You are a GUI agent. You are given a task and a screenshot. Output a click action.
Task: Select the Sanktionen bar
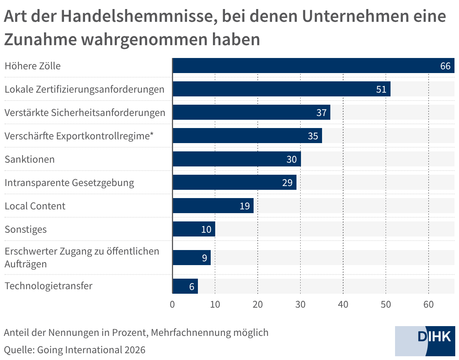(236, 159)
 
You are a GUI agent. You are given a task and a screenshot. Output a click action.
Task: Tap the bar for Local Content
(213, 206)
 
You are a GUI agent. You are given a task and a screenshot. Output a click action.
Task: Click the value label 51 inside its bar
(381, 89)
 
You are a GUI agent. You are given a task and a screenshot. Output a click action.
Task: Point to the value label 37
(321, 113)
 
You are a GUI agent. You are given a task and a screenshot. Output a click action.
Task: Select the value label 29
(287, 183)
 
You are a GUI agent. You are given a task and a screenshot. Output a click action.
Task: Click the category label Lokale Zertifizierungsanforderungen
(84, 89)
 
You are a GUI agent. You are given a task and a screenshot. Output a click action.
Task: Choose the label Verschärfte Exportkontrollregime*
(79, 136)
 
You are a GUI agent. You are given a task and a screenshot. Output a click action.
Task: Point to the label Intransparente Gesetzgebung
(69, 183)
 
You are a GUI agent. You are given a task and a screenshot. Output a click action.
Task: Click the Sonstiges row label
(26, 229)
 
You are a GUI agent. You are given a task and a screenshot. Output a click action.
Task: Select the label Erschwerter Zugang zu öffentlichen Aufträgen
(82, 257)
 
